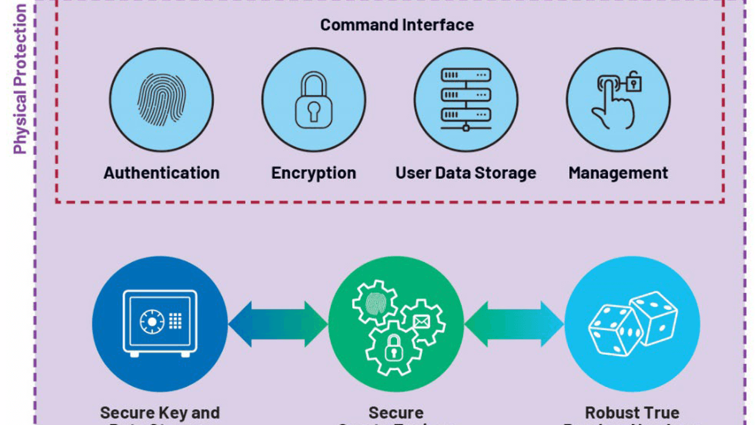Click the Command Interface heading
(396, 25)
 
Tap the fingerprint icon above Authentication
(161, 100)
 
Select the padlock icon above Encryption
(313, 100)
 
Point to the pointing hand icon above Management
(613, 103)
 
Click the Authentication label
(161, 173)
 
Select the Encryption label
(313, 173)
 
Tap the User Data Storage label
(465, 173)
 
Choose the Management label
(618, 173)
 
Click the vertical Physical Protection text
(21, 80)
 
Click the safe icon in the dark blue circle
(160, 323)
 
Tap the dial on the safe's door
(152, 321)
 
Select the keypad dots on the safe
(175, 321)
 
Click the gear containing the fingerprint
(375, 302)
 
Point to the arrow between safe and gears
(278, 323)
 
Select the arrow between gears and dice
(514, 323)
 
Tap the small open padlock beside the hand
(633, 81)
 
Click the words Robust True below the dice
(632, 413)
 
